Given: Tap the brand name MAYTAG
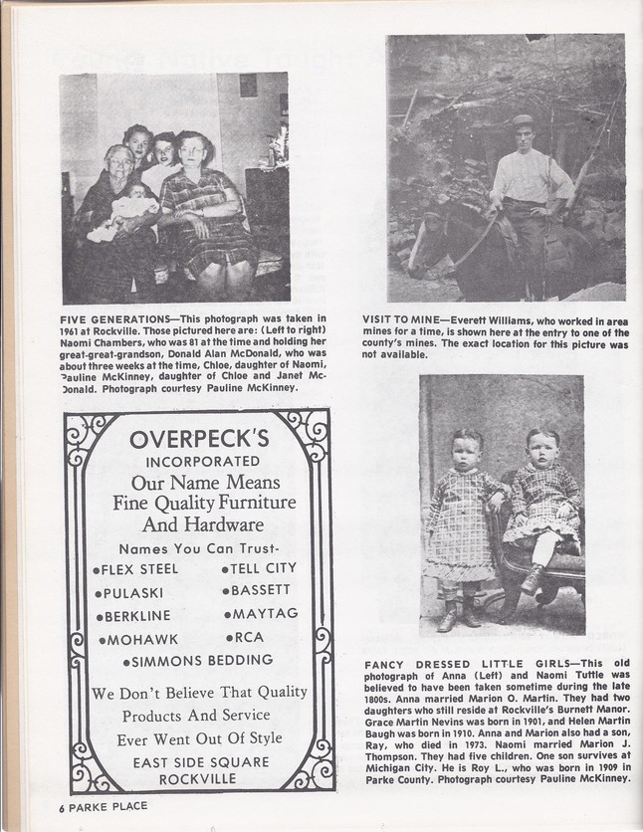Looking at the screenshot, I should (264, 614).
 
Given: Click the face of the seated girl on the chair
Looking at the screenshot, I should (541, 448).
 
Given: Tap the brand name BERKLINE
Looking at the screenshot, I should (138, 616).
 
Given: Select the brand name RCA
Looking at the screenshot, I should (249, 637).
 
